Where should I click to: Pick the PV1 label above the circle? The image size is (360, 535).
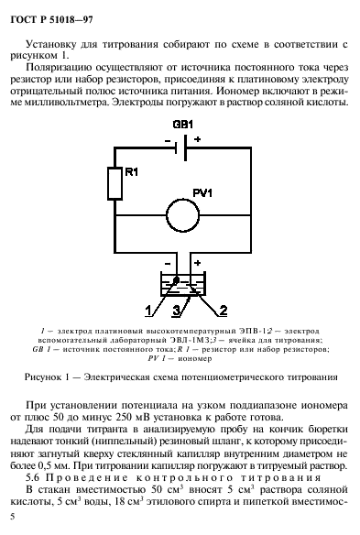tap(202, 191)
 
